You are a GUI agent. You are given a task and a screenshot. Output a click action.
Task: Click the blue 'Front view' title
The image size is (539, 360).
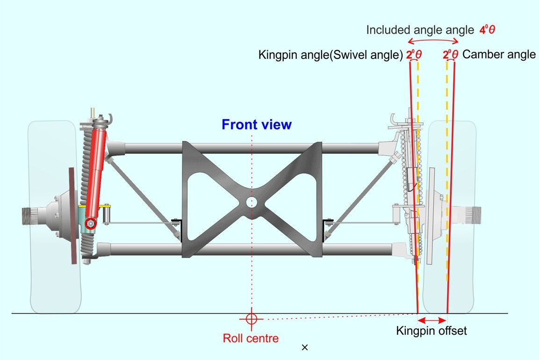(x=256, y=125)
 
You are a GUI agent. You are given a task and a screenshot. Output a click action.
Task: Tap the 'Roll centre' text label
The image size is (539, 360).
(x=251, y=338)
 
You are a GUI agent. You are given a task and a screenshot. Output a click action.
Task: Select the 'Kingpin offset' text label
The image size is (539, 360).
(x=431, y=331)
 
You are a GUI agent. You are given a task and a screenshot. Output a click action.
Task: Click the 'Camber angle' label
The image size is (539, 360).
(x=499, y=54)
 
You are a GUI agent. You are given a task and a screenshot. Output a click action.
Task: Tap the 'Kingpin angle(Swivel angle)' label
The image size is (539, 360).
(x=331, y=55)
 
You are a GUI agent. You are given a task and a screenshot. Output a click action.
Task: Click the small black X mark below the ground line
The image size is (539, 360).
(x=305, y=347)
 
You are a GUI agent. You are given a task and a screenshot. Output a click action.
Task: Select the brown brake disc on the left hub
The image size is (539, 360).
(x=72, y=216)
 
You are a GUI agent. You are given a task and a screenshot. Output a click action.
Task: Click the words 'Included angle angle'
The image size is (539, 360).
(x=420, y=30)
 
